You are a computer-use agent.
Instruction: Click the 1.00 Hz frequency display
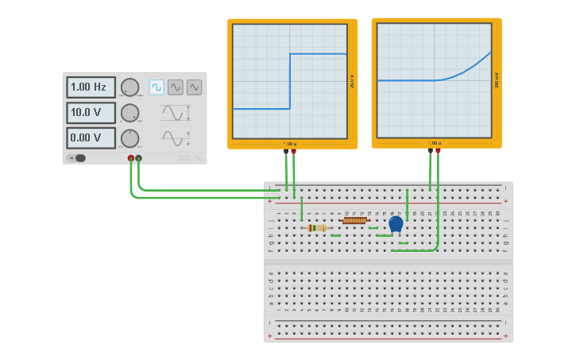(91, 87)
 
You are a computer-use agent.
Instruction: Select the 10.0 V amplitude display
(91, 112)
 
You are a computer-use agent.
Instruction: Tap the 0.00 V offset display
(91, 137)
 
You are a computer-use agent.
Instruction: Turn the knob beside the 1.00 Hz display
(130, 87)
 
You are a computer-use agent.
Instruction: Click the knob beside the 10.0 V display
(130, 113)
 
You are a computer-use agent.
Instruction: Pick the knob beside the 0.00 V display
(130, 138)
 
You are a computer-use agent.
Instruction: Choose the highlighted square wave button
(157, 87)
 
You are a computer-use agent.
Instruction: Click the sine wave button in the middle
(176, 87)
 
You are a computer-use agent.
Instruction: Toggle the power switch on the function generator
(79, 157)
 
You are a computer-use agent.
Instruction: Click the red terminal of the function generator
(131, 158)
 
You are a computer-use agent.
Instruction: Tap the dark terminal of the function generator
(139, 158)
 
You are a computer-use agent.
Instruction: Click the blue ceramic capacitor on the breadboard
(396, 223)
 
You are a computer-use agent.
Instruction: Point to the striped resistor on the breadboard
(317, 228)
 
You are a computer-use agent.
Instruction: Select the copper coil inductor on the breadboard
(354, 221)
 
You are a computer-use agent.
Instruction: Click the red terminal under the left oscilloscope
(294, 150)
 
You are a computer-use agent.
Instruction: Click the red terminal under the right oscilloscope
(438, 149)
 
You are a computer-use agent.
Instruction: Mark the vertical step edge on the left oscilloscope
(290, 81)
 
